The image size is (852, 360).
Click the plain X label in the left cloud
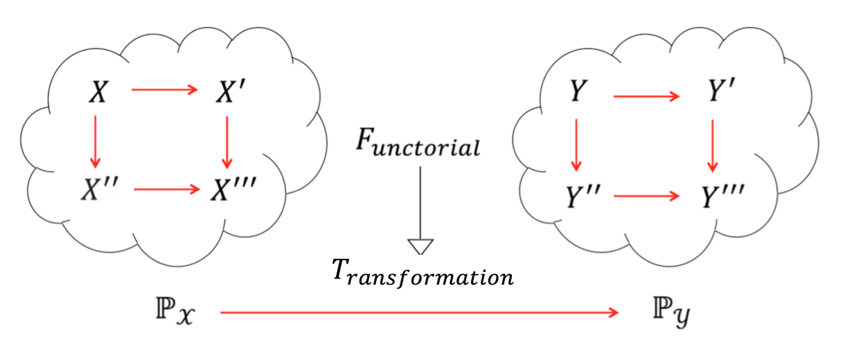click(98, 92)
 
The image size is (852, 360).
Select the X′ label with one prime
click(227, 92)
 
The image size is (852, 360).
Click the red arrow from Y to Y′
click(646, 95)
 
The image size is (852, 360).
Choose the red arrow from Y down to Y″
click(574, 145)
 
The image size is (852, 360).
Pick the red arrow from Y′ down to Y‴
click(712, 145)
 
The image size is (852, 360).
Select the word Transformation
click(422, 275)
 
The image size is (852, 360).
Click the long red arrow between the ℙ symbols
click(419, 314)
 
